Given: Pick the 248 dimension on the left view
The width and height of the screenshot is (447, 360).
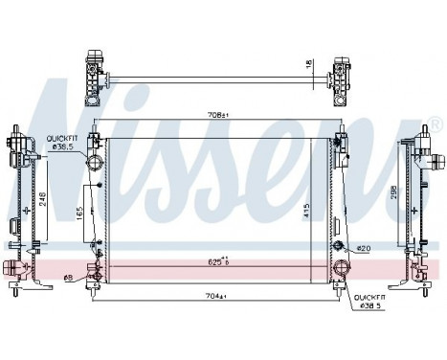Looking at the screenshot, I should (x=42, y=200).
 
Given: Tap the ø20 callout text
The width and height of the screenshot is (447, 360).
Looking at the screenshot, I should (x=362, y=249).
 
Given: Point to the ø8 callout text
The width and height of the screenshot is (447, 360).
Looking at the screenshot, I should (x=68, y=279).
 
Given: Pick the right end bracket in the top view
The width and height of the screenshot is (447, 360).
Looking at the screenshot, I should (x=340, y=80).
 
